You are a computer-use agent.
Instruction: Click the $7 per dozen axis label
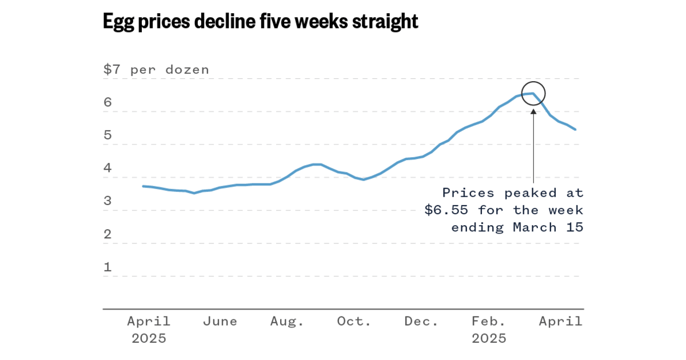(x=156, y=70)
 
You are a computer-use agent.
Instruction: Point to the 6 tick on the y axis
(x=107, y=103)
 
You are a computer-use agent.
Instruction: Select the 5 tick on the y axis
(x=107, y=136)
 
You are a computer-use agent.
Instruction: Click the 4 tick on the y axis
(x=107, y=169)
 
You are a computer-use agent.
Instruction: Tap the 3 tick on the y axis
(x=107, y=202)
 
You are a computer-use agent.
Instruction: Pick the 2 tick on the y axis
(x=107, y=234)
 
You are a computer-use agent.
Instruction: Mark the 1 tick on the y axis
(x=107, y=267)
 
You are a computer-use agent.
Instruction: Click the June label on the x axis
(x=220, y=322)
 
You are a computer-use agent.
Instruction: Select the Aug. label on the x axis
(x=287, y=322)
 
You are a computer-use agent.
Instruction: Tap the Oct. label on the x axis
(x=354, y=322)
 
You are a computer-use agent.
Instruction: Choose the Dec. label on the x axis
(x=421, y=322)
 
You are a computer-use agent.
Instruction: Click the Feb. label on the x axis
(x=489, y=322)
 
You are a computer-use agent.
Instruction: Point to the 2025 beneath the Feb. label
(x=489, y=339)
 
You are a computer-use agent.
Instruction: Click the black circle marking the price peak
(x=533, y=93)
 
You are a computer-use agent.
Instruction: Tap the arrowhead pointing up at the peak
(x=533, y=111)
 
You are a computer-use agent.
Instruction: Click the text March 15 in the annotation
(x=548, y=227)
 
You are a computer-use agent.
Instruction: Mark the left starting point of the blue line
(x=143, y=186)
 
